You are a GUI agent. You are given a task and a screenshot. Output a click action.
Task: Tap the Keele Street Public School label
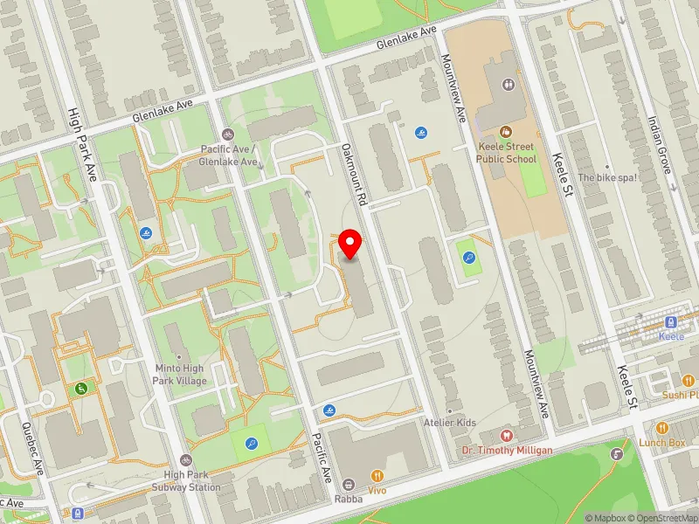point(507,154)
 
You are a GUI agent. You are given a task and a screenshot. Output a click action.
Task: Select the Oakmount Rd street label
point(353,175)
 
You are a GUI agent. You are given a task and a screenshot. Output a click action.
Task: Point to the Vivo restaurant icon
point(377,476)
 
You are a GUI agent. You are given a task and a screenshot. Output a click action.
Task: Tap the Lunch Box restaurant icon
point(662,428)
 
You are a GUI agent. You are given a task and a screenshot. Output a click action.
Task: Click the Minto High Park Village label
point(179,375)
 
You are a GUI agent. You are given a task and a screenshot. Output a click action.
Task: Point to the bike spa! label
point(608,177)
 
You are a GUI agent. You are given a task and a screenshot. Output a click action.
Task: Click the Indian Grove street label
point(659,145)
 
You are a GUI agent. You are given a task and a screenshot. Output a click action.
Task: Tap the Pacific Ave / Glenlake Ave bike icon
point(228,134)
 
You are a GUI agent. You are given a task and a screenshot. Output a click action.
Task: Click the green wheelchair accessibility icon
point(81,387)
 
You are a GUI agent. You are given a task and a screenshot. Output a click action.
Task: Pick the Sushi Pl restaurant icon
point(689,380)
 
